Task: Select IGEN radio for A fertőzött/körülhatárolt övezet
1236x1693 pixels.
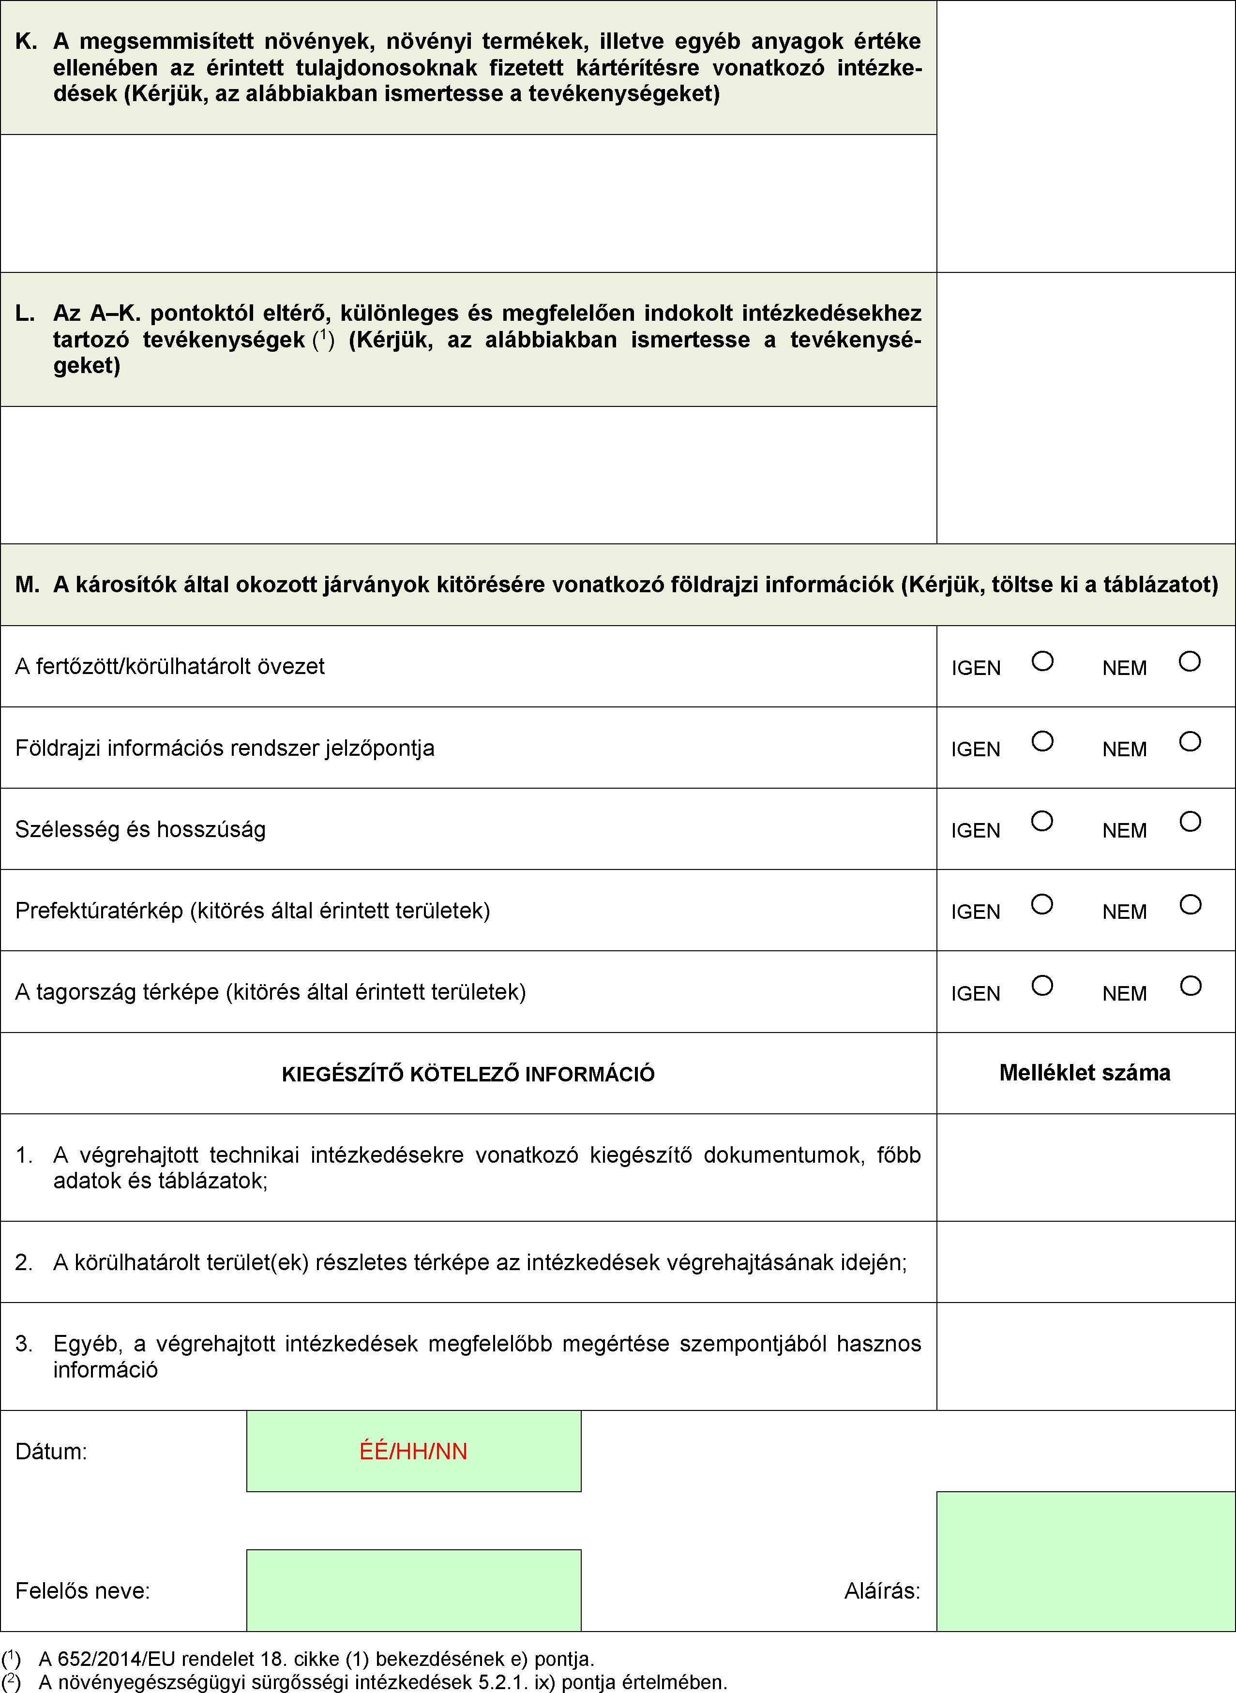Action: click(x=1042, y=661)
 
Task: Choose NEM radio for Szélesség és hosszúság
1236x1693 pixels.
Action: click(x=1191, y=822)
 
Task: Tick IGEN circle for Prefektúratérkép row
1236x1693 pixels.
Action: click(x=1042, y=904)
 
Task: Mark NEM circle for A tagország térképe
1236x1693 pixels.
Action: click(x=1191, y=986)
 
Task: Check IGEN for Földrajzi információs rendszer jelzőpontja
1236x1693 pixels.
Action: click(x=1042, y=741)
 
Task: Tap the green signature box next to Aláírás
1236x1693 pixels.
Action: click(x=1085, y=1561)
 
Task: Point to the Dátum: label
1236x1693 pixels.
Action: click(x=51, y=1452)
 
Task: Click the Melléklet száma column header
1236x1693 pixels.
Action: click(x=1085, y=1073)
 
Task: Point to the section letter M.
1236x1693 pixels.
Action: click(x=27, y=585)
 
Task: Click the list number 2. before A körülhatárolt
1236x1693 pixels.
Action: click(x=24, y=1263)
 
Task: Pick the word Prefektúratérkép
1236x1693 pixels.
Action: click(x=99, y=911)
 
